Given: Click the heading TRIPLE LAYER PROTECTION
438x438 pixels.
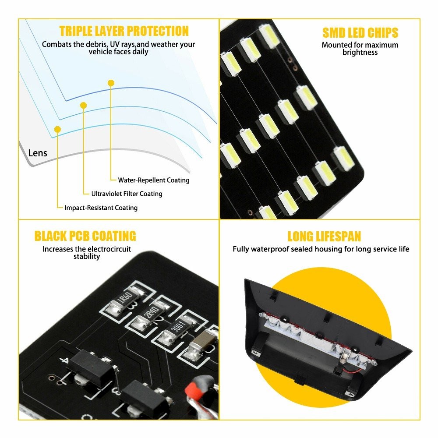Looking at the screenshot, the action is [124, 31].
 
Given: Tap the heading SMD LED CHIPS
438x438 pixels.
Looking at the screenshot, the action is [360, 33].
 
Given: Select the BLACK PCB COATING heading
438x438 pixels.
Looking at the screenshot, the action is [85, 236].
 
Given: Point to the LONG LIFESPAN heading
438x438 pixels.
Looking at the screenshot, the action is [324, 237].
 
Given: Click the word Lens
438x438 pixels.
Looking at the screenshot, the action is [38, 153].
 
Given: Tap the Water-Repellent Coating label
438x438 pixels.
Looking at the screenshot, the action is [154, 180].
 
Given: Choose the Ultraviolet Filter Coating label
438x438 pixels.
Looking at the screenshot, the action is [127, 194].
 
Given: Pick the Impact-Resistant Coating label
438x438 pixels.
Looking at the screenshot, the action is [101, 208].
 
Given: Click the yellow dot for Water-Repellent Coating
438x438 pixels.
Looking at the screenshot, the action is [111, 83].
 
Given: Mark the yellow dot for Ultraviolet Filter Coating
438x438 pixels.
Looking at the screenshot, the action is [83, 106].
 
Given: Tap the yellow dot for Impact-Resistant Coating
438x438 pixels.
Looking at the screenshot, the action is [57, 129].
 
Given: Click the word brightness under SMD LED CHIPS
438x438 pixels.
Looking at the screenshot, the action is [360, 53].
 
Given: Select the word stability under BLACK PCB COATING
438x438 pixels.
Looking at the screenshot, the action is [87, 257].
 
